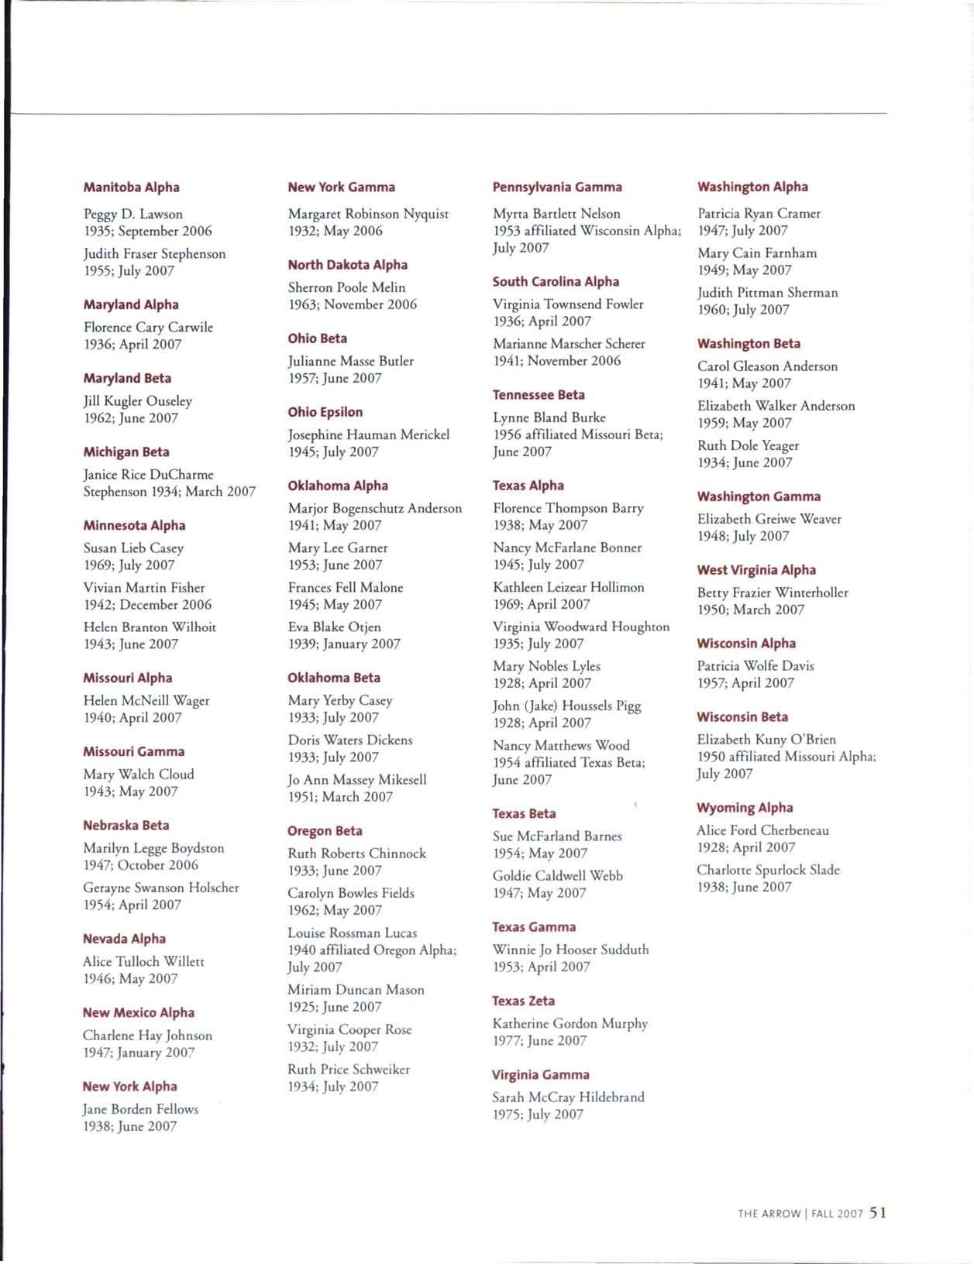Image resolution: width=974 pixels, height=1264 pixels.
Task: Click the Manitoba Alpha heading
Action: coord(132,187)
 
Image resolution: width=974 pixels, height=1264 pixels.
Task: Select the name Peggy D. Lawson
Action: coord(133,214)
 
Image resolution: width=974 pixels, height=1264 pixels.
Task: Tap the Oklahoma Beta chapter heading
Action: coord(334,678)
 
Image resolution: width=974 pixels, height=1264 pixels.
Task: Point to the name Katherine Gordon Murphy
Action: coord(570,1023)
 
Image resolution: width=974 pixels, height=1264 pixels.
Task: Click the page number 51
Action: coord(877,1213)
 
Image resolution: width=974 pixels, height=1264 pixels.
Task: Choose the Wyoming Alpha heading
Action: coord(745,808)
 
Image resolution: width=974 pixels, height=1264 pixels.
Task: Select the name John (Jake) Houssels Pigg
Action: coord(567,706)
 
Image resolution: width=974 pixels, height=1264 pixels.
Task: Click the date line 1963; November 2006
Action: coord(353,304)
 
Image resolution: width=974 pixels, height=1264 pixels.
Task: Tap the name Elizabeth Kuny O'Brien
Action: coord(766,740)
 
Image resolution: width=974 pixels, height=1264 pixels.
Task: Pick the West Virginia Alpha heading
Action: coord(756,570)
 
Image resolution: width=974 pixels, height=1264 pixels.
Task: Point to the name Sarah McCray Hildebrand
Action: coord(568,1097)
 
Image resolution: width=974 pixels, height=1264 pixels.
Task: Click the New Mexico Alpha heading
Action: coord(139,1012)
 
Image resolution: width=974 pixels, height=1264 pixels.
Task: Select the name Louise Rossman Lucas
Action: coord(353,933)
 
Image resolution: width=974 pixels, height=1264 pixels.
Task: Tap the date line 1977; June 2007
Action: coord(539,1040)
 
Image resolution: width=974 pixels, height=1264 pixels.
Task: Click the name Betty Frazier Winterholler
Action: coord(773,592)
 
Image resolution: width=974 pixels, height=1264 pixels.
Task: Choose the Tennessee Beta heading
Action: coord(539,395)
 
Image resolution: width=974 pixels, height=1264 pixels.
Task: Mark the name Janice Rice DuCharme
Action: coord(149,474)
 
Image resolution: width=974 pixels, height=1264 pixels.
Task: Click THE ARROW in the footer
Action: coord(769,1214)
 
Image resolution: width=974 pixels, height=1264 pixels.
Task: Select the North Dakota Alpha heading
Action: coord(348,265)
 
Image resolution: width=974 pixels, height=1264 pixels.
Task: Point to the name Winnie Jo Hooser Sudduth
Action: coord(571,950)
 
